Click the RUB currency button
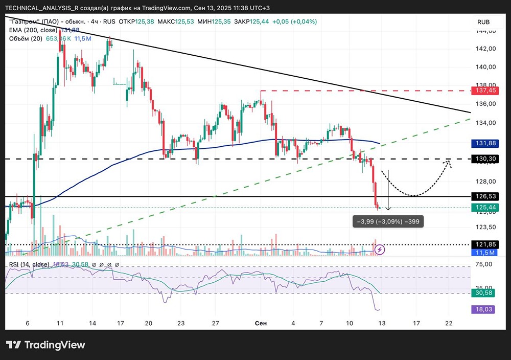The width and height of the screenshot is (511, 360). (483, 22)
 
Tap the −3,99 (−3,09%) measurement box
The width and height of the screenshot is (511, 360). (388, 221)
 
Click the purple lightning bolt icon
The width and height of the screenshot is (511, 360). (380, 250)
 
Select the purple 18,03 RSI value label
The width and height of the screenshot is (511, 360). (483, 309)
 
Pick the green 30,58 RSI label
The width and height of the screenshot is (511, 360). (483, 293)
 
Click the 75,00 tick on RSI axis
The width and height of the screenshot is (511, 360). (483, 264)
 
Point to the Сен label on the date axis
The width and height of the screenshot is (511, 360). (260, 324)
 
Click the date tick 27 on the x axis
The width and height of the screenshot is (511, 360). (216, 324)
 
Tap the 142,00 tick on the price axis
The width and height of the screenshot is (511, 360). (483, 49)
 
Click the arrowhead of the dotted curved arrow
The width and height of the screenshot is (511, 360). (450, 162)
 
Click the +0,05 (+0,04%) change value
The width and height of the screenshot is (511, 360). (293, 22)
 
